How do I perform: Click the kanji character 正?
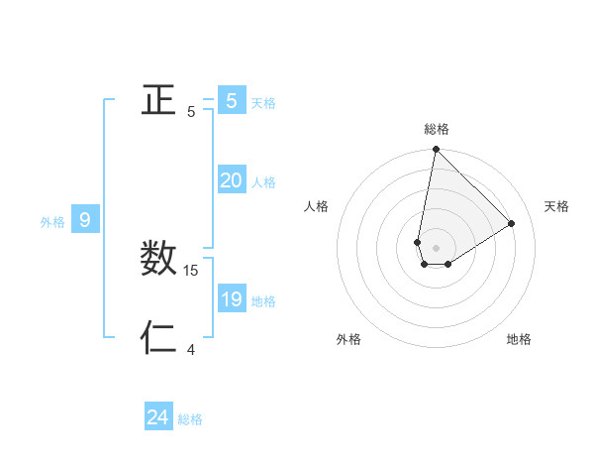coord(158,100)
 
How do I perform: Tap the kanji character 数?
coord(158,259)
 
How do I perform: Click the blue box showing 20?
coord(231,180)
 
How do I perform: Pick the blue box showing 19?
coord(231,299)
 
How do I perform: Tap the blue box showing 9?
coord(85,220)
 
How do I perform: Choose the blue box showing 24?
coord(157,417)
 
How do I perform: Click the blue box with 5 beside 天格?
coord(231,101)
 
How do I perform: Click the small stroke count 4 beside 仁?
coord(191,349)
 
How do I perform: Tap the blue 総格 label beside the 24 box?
coord(190,419)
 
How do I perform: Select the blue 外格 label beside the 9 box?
coord(52,222)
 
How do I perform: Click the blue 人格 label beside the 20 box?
coord(263,182)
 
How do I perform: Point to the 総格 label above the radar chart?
coord(436,129)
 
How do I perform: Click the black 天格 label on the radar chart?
coord(556,206)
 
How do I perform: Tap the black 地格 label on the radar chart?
coord(519,339)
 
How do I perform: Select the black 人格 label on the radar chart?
coord(317,206)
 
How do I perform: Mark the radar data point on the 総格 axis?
coord(436,150)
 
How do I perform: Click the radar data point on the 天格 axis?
coord(511,223)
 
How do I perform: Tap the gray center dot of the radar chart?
coord(436,248)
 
